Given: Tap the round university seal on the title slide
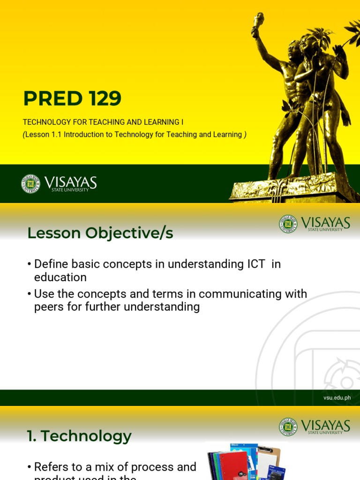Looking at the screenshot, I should pos(30,184).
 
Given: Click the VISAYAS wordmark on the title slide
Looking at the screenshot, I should pos(71,182).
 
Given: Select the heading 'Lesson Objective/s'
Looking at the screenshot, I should pos(100,233).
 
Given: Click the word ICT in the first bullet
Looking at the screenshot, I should pos(257,264).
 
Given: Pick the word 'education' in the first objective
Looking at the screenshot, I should pos(60,277).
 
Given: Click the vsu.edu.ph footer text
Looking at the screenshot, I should pos(337,398).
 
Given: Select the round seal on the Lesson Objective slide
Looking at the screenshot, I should pos(288,224).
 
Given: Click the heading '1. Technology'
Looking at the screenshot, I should pos(79,436).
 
